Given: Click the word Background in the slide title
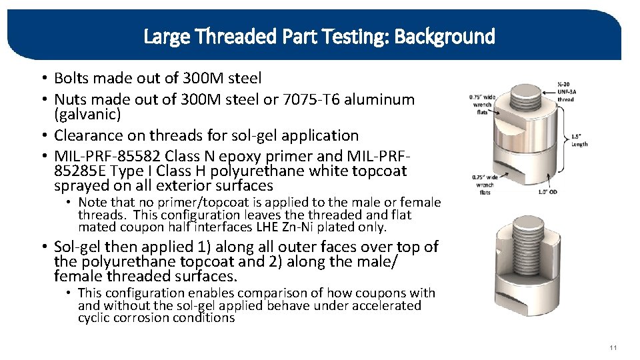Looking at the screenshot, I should click(445, 36).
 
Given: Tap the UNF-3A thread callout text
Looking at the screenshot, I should click(565, 93).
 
